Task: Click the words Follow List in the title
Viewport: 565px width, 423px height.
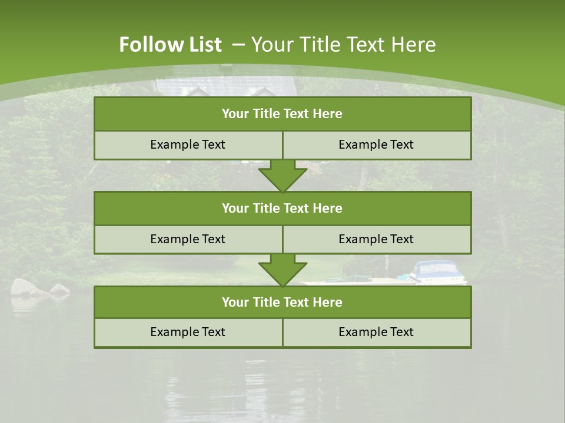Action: click(x=170, y=45)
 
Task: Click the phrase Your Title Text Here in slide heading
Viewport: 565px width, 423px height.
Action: click(x=344, y=45)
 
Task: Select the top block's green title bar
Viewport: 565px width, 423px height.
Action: click(x=282, y=114)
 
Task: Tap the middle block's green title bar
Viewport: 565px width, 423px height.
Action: click(x=282, y=208)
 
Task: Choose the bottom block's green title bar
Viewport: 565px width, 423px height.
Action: click(x=282, y=302)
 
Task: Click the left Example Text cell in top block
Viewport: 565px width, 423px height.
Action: click(x=188, y=145)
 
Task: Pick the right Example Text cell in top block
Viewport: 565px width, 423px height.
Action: click(x=377, y=145)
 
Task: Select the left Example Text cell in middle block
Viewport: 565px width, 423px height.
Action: click(x=188, y=239)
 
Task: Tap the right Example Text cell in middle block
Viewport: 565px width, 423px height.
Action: click(x=377, y=239)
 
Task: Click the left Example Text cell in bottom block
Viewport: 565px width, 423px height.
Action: click(x=188, y=332)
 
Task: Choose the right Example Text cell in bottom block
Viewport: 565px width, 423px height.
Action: click(x=377, y=332)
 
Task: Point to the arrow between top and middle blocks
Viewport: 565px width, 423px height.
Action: click(x=282, y=176)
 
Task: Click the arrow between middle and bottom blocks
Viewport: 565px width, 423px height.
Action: click(x=282, y=270)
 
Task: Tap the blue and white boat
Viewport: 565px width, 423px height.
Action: click(x=438, y=272)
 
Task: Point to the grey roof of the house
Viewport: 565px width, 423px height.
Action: click(x=227, y=85)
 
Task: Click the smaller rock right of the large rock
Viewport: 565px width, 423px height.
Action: click(x=59, y=289)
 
